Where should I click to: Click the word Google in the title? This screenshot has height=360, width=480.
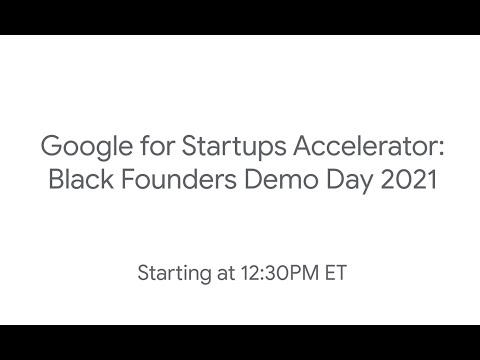click(79, 150)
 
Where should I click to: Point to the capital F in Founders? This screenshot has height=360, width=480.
click(126, 182)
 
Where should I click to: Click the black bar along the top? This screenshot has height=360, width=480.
click(240, 17)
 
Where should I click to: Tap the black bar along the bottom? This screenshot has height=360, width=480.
click(240, 342)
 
